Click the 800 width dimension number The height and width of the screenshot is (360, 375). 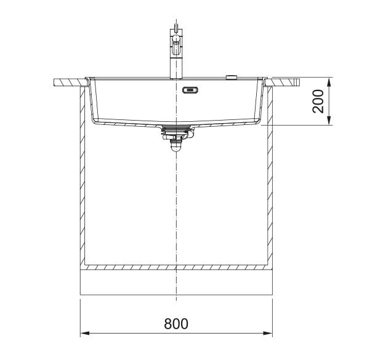[176, 324]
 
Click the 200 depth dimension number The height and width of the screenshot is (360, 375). [318, 101]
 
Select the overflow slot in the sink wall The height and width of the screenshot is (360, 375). [190, 90]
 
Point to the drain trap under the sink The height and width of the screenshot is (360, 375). [177, 138]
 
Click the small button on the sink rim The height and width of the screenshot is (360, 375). [232, 77]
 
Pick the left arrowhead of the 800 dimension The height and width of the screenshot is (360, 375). [85, 333]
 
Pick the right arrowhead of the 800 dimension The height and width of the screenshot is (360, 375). [268, 333]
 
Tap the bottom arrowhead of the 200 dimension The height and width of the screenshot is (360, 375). [329, 120]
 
